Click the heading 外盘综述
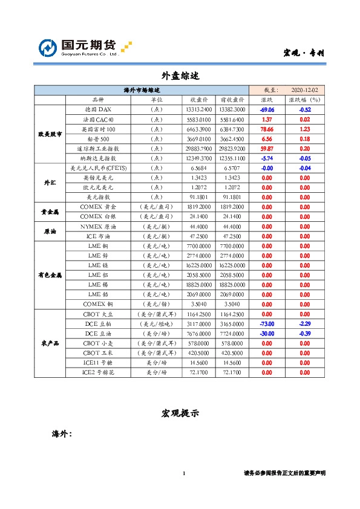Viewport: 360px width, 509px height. pyautogui.click(x=180, y=77)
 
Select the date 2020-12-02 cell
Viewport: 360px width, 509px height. pyautogui.click(x=304, y=89)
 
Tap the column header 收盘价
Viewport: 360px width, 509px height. pyautogui.click(x=199, y=100)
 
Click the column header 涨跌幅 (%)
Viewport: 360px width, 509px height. pyautogui.click(x=304, y=100)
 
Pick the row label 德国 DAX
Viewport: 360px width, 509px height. pyautogui.click(x=98, y=109)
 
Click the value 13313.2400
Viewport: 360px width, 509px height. pyautogui.click(x=199, y=109)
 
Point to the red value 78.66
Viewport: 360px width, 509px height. pyautogui.click(x=267, y=129)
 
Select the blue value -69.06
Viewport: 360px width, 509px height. pyautogui.click(x=267, y=109)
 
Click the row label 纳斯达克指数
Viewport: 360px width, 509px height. pyautogui.click(x=98, y=158)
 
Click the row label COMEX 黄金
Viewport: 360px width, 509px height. pyautogui.click(x=98, y=206)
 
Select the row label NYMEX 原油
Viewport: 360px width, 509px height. pyautogui.click(x=98, y=225)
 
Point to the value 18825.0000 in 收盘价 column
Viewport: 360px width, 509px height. pyautogui.click(x=199, y=284)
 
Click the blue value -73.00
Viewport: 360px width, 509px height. pyautogui.click(x=267, y=323)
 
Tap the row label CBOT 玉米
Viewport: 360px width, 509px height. pyautogui.click(x=98, y=352)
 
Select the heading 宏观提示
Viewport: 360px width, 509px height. pyautogui.click(x=180, y=413)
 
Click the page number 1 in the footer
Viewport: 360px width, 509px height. pyautogui.click(x=183, y=473)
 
